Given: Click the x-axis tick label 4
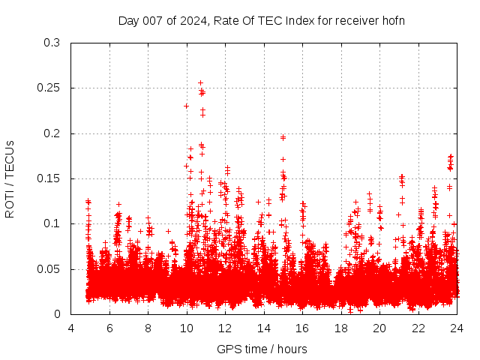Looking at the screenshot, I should [x=71, y=328].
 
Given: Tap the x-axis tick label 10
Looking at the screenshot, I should [x=187, y=328].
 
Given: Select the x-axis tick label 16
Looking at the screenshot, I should [x=302, y=328].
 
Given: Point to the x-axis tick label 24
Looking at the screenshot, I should [x=457, y=328].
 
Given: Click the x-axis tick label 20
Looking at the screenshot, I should [x=379, y=328].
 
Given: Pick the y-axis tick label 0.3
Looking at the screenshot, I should [x=52, y=43].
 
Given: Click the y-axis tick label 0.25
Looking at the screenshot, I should [x=49, y=88].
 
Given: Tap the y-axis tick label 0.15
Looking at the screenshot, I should [x=49, y=178].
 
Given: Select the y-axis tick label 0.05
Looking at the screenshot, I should [x=49, y=268].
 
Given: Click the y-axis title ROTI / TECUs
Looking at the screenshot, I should [x=10, y=178].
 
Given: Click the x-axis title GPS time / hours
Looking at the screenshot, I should [x=262, y=349].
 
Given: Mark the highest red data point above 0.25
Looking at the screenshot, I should [x=200, y=82].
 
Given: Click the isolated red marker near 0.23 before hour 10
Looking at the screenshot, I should [x=186, y=106].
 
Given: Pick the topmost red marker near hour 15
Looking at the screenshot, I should [x=283, y=137].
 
